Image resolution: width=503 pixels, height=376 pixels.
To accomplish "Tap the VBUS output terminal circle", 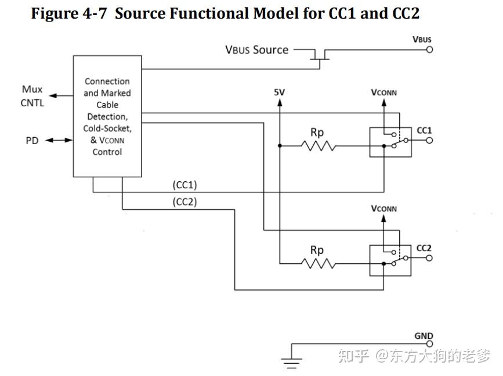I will coord(429,50).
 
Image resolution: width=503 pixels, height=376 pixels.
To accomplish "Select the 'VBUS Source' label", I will coord(256,50).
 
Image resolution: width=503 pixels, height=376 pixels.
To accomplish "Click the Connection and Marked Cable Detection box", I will coord(107,116).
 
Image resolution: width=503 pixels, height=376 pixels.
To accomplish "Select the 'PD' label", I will coord(32,141).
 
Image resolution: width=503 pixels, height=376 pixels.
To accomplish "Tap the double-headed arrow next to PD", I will coord(56,141).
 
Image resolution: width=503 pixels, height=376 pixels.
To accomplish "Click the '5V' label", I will coord(280,92).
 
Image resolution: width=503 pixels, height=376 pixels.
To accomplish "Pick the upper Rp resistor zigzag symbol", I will coord(318,146).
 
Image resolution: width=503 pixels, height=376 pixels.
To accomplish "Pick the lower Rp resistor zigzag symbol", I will coord(318,263).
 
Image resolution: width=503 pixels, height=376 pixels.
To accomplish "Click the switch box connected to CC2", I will coord(390,259).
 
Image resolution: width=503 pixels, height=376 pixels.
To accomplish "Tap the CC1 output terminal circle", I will coord(429,140).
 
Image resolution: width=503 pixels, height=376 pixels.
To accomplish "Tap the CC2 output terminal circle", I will coord(429,258).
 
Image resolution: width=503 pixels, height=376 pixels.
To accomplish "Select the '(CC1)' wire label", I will coord(185,185).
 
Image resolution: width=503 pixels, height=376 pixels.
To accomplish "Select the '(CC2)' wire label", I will coord(185,202).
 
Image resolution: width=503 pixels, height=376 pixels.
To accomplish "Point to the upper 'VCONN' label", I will coord(383,92).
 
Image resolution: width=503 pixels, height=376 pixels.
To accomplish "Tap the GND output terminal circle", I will coord(429,344).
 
